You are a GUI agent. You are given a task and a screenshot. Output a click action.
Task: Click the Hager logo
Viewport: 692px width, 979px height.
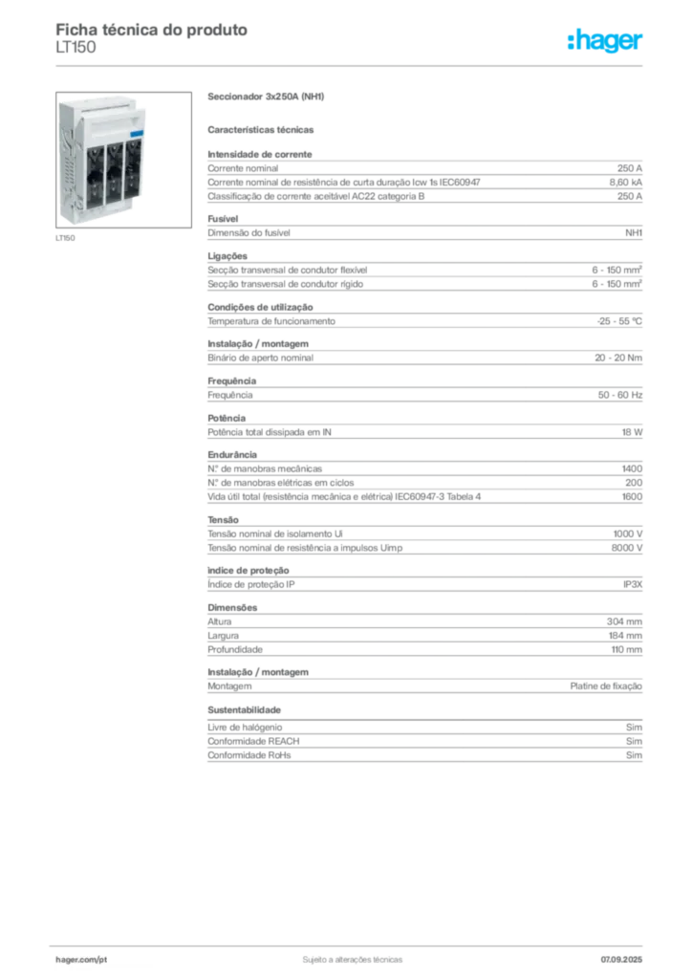click(x=604, y=41)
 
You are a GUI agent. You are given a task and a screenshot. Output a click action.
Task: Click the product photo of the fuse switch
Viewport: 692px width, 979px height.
click(x=123, y=160)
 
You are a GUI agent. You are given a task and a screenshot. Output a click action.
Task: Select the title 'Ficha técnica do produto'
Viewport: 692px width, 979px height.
click(x=152, y=30)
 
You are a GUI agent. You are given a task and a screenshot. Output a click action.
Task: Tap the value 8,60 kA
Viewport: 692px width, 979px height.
click(x=625, y=183)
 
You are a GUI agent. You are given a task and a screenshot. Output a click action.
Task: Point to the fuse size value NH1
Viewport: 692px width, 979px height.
click(x=634, y=233)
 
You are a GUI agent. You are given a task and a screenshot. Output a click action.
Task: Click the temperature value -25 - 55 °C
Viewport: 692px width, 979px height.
click(x=619, y=321)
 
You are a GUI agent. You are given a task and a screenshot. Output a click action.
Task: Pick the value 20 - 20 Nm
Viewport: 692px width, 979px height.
click(x=617, y=358)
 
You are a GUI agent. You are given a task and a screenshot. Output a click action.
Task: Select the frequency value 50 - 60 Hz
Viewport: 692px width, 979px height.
click(x=619, y=395)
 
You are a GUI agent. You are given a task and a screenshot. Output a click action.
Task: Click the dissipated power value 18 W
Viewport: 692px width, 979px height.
click(x=632, y=432)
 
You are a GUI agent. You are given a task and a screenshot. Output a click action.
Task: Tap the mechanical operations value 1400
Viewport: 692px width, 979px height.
click(x=632, y=468)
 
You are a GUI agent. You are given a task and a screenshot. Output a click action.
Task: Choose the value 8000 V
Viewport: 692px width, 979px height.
click(x=626, y=548)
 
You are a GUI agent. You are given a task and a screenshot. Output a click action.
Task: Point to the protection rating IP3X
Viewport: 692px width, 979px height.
click(x=632, y=584)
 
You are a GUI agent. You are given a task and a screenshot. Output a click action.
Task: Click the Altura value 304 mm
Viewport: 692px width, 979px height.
click(x=624, y=621)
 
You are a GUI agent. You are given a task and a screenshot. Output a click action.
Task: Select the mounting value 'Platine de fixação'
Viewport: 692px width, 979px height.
click(x=606, y=686)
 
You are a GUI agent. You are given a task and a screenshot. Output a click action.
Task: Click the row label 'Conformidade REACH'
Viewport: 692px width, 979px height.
click(x=253, y=741)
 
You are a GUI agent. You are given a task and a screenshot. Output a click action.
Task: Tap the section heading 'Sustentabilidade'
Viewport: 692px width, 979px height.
click(x=244, y=710)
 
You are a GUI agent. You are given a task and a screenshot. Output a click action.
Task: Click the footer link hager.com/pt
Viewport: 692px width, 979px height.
click(x=81, y=960)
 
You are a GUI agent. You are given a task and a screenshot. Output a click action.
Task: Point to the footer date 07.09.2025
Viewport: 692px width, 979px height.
click(x=621, y=960)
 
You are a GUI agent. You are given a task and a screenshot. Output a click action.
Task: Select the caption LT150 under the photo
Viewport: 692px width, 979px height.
click(x=65, y=238)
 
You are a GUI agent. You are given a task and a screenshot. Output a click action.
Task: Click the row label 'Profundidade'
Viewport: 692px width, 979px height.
click(x=234, y=650)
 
